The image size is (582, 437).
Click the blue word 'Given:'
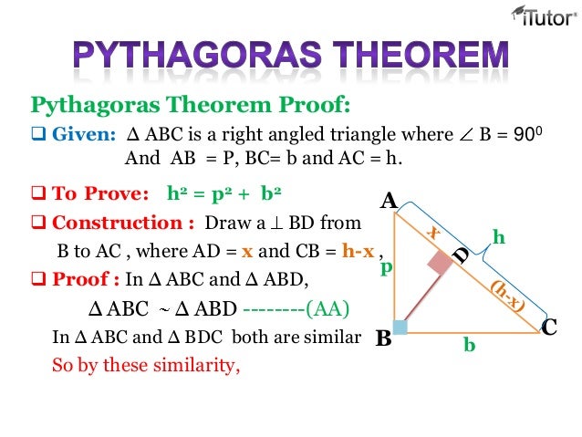click(83, 135)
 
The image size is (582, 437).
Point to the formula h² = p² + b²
click(224, 194)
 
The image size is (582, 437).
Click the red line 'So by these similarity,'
click(146, 369)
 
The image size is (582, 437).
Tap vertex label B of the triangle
click(383, 338)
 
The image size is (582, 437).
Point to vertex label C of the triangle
click(549, 326)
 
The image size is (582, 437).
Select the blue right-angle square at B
click(400, 327)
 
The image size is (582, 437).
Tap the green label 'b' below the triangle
click(469, 346)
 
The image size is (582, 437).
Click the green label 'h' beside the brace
click(498, 237)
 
